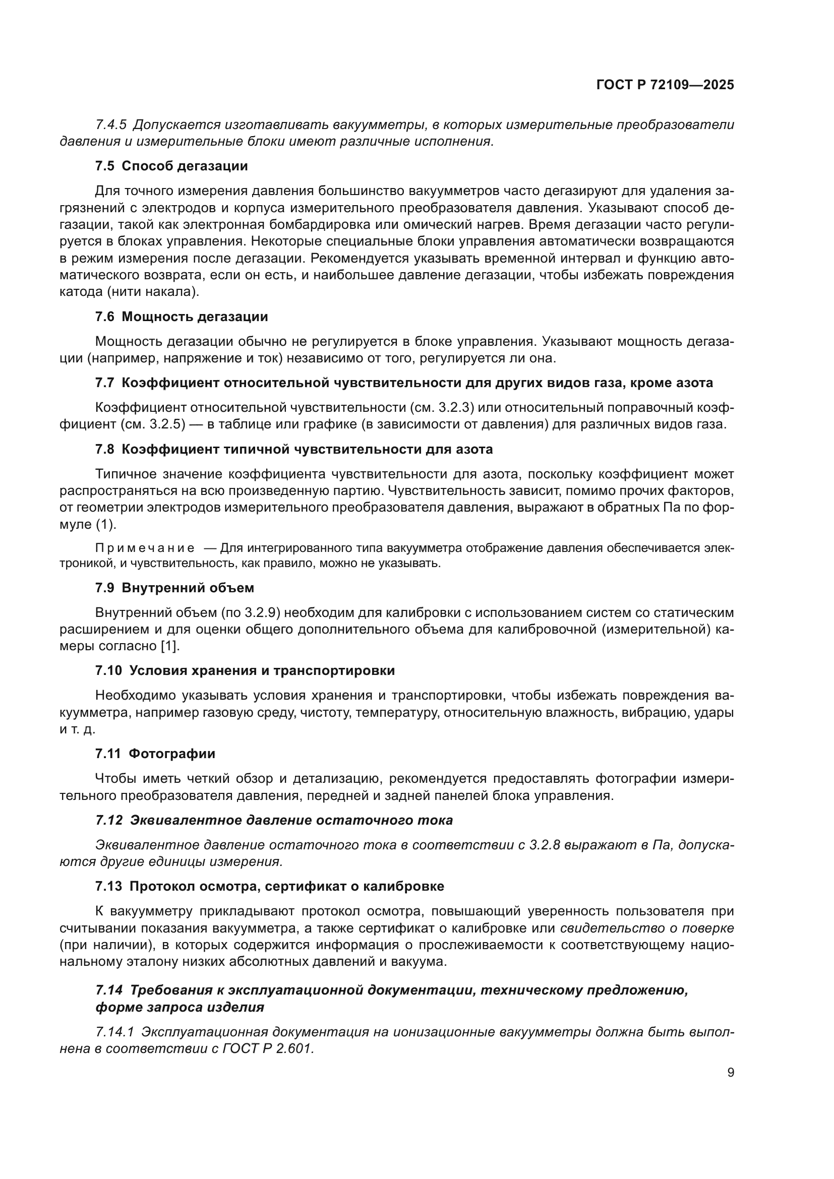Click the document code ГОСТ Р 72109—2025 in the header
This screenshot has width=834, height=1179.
point(665,85)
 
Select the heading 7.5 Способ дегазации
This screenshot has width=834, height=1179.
point(171,166)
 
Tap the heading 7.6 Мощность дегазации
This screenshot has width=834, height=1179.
point(182,317)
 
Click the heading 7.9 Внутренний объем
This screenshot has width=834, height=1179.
point(174,587)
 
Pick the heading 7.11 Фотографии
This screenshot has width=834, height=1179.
point(155,753)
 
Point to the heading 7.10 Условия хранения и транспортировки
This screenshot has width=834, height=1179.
point(245,670)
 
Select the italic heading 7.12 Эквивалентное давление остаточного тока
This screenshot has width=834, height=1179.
point(274,820)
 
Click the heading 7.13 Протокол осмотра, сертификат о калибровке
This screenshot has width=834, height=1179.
point(270,886)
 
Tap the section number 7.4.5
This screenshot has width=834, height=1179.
point(111,125)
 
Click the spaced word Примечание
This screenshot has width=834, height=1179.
point(145,548)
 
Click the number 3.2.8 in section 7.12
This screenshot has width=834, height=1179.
point(545,845)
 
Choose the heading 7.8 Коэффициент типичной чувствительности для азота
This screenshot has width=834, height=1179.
point(294,449)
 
